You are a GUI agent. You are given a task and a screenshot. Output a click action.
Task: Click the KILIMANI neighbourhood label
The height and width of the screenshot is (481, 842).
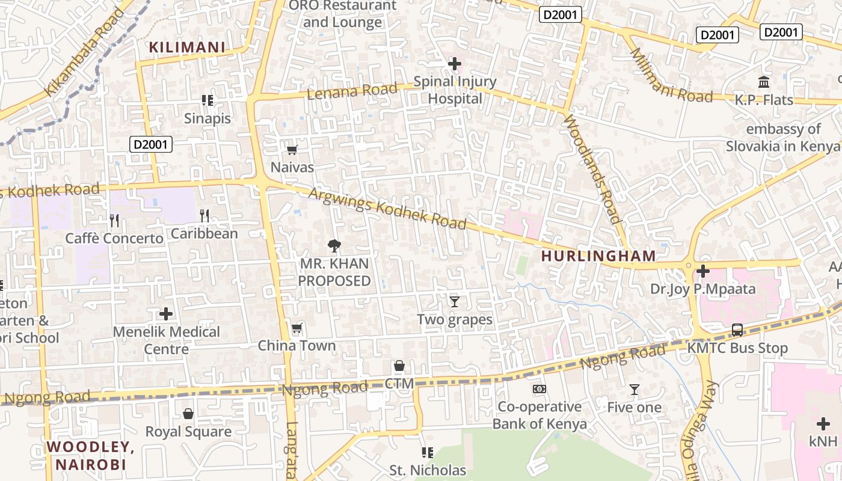pyautogui.click(x=187, y=47)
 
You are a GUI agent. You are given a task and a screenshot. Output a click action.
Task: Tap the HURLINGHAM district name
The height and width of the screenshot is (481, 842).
pyautogui.click(x=598, y=256)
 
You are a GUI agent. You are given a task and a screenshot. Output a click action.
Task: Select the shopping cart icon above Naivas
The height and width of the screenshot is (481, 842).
pyautogui.click(x=292, y=150)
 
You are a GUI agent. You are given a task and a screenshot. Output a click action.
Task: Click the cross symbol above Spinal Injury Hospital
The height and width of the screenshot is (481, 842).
pyautogui.click(x=455, y=63)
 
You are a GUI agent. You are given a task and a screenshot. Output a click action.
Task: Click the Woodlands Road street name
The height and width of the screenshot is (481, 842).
pyautogui.click(x=592, y=168)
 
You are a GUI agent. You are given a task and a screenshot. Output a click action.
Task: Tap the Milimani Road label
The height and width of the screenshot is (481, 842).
pyautogui.click(x=671, y=75)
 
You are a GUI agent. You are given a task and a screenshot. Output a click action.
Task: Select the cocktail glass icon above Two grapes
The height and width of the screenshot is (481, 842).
pyautogui.click(x=455, y=301)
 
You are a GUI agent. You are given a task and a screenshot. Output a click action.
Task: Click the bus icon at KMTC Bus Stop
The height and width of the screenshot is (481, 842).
pyautogui.click(x=737, y=329)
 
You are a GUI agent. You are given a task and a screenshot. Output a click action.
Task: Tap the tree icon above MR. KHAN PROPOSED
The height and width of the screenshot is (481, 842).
pyautogui.click(x=334, y=245)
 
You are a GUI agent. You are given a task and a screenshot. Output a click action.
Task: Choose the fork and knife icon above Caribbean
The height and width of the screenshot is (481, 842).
pyautogui.click(x=204, y=215)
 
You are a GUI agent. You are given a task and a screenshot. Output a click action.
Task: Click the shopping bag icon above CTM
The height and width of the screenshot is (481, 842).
pyautogui.click(x=399, y=366)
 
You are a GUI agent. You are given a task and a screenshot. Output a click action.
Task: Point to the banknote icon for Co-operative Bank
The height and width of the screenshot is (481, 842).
pyautogui.click(x=539, y=389)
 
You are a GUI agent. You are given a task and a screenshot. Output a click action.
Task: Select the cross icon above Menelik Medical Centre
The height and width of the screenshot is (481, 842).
pyautogui.click(x=166, y=314)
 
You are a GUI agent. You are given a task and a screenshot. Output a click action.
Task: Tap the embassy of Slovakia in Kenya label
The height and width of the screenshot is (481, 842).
pyautogui.click(x=783, y=138)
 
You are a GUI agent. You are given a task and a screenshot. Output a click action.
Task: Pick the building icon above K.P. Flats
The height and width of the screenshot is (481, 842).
pyautogui.click(x=764, y=82)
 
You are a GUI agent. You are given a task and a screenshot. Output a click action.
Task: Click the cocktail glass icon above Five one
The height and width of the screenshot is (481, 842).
pyautogui.click(x=634, y=390)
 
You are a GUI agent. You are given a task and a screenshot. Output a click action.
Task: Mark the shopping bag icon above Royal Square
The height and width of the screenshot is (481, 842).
pyautogui.click(x=188, y=414)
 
